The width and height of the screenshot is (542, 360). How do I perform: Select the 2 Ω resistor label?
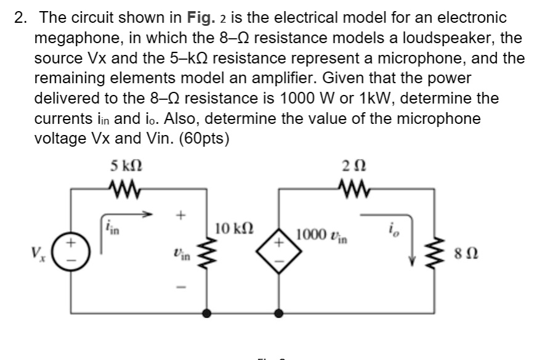click(x=349, y=166)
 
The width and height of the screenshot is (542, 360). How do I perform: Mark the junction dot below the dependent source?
click(x=279, y=313)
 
